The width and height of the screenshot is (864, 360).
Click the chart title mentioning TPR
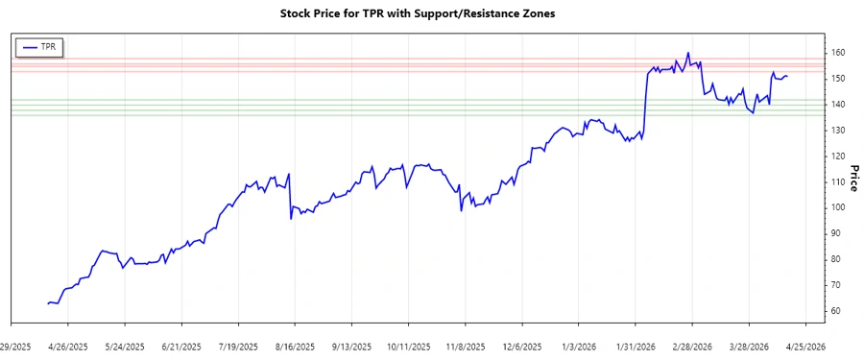coord(417,13)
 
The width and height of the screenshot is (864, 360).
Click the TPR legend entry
coord(39,46)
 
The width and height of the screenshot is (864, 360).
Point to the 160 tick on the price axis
coord(838,52)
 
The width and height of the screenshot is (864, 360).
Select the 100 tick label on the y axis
coord(838,207)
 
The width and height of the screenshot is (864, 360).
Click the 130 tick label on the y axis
coord(838,130)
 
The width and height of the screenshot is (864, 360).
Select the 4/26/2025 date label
coord(67,347)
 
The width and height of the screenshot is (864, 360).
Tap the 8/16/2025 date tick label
coord(296,347)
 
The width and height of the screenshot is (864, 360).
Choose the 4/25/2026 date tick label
coord(807,347)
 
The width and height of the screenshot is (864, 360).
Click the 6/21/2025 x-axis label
coord(181,347)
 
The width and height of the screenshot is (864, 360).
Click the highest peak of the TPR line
coord(688,53)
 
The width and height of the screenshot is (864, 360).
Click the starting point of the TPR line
coord(48,303)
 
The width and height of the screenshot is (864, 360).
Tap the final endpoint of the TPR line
coord(787,76)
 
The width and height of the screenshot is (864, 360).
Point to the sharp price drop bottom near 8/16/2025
coord(290,219)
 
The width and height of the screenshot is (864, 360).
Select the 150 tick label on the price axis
coord(838,78)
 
